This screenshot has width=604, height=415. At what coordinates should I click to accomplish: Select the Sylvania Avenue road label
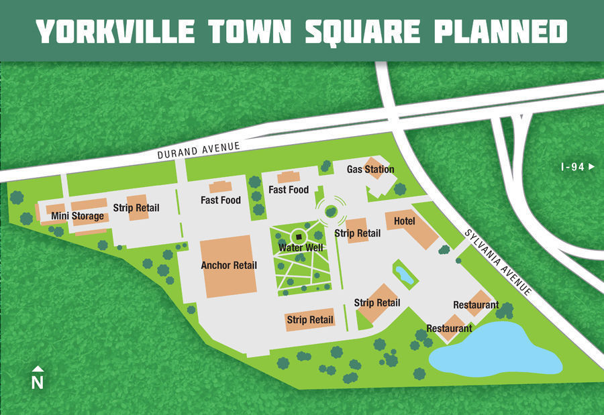(x=498, y=263)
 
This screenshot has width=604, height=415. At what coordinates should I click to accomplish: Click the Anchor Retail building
(x=228, y=266)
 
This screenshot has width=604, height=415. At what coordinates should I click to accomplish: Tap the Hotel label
(x=404, y=221)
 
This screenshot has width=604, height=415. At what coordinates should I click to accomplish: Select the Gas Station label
(x=370, y=170)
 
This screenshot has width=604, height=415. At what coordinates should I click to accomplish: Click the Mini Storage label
(x=78, y=216)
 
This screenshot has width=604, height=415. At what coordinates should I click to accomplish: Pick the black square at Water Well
(x=299, y=237)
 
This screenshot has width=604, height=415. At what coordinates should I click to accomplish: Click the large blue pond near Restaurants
(x=497, y=350)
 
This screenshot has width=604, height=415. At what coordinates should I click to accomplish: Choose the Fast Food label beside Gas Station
(x=289, y=190)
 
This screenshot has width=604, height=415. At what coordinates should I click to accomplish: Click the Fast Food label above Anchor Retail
(x=221, y=200)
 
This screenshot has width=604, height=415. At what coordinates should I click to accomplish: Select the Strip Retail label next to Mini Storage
(x=136, y=208)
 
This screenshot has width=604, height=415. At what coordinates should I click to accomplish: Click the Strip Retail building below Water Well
(x=310, y=321)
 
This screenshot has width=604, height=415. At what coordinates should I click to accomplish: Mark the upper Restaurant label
(x=476, y=305)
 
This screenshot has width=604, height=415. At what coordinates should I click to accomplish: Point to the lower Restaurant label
(x=449, y=329)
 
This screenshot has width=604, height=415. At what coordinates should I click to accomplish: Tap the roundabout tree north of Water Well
(x=330, y=212)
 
